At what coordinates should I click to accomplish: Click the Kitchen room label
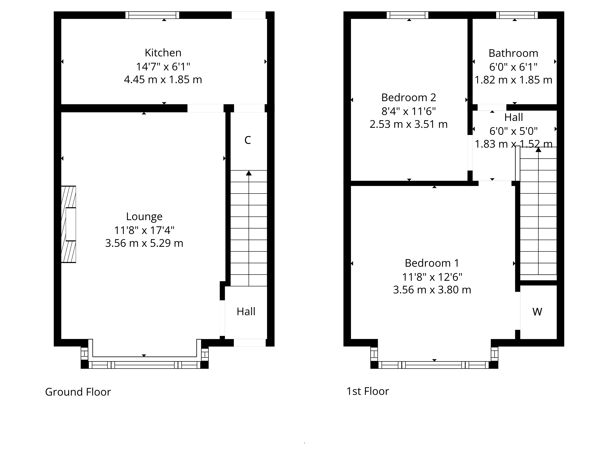coord(163,53)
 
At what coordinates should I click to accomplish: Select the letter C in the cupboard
coord(248,140)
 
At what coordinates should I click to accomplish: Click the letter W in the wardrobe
coord(537,312)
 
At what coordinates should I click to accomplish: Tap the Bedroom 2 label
coord(409,97)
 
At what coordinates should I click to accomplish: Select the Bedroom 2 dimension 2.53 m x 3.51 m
coord(409,124)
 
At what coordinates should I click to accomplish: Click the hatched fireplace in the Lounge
coord(68,224)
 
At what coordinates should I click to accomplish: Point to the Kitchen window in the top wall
coord(152,15)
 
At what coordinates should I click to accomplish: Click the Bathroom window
coord(517,15)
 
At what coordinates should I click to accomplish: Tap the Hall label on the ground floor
coord(246,312)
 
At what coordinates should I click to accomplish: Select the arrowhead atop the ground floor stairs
coord(249,173)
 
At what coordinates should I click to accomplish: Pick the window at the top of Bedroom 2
coord(407,15)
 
